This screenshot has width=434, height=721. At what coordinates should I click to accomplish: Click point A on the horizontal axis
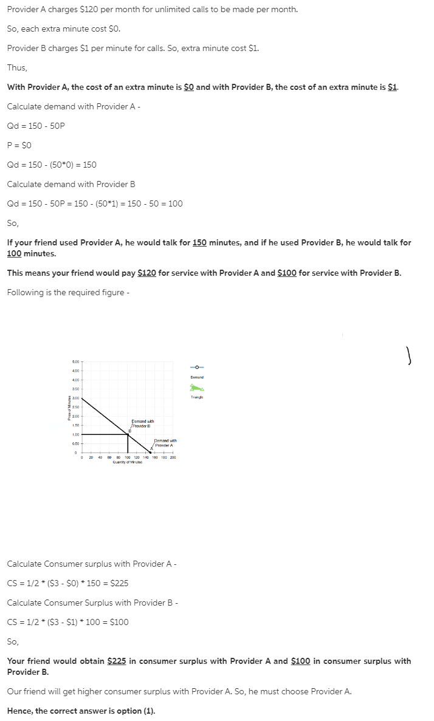click(x=151, y=452)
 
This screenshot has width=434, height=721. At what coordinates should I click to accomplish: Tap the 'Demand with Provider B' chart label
click(x=143, y=423)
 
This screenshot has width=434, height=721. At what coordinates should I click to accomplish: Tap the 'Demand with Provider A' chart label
click(x=165, y=443)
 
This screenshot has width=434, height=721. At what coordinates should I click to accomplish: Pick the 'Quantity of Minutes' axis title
click(x=127, y=462)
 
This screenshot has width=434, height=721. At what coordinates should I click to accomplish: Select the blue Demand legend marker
click(x=197, y=367)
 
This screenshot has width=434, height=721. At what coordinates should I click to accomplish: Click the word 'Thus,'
click(x=17, y=67)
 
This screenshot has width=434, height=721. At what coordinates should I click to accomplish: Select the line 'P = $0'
click(x=19, y=145)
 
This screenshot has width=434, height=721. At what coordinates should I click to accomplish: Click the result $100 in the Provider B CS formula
click(x=119, y=622)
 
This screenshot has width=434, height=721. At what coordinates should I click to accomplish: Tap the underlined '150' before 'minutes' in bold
click(x=200, y=242)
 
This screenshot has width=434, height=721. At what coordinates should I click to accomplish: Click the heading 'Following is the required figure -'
click(x=67, y=292)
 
